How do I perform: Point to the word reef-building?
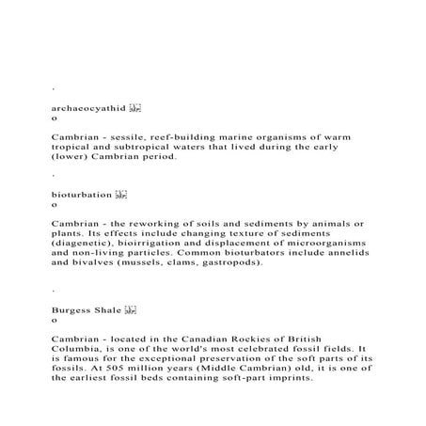[x=188, y=137]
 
